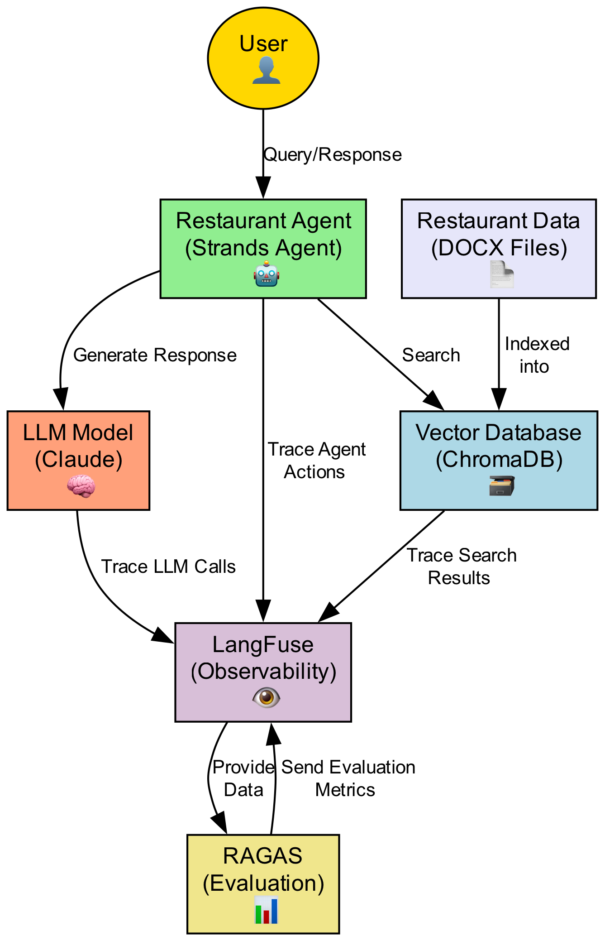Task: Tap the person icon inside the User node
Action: [x=266, y=71]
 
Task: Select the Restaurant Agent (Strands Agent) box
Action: [x=263, y=235]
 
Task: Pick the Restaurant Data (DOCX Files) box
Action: [x=498, y=235]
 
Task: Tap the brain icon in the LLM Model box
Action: [x=81, y=488]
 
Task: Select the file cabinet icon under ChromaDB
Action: [x=501, y=486]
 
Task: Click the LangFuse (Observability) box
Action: [x=263, y=659]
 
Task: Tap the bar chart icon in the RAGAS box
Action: [x=266, y=909]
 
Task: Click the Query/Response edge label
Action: [x=333, y=155]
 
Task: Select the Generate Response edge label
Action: [x=155, y=355]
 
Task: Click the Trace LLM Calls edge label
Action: [x=168, y=567]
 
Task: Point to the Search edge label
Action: [x=431, y=355]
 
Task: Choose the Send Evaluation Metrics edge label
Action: [x=348, y=778]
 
